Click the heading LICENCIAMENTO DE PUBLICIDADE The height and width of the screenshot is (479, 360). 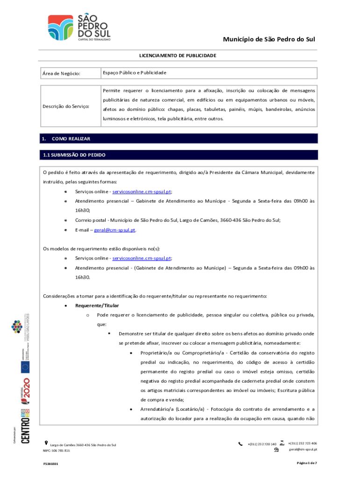pos(177,56)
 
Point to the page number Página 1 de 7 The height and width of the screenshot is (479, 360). pos(307,463)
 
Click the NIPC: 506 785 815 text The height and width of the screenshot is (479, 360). pos(57,450)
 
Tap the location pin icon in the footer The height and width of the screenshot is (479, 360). pos(45,442)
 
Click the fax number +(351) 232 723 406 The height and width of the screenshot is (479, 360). pos(302,443)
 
